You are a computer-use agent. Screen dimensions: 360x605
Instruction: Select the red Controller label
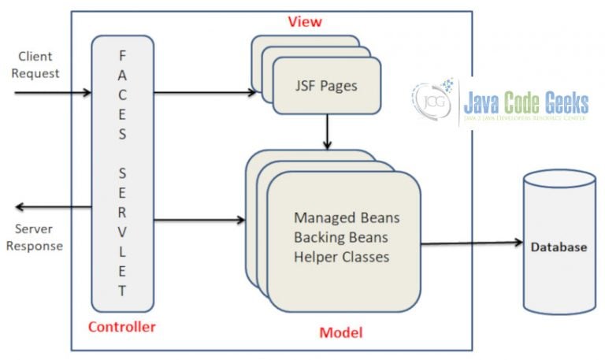[121, 327]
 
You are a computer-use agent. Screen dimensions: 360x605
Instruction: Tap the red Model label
[340, 332]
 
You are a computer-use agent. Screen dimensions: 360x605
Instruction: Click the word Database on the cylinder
[558, 247]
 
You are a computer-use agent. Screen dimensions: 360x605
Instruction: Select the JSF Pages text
[327, 85]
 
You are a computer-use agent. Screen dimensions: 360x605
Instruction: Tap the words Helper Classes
[340, 256]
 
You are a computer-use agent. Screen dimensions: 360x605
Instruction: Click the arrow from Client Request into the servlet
[52, 93]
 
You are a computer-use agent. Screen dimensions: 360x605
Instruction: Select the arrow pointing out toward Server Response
[52, 206]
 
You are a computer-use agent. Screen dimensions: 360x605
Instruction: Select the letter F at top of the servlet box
[121, 55]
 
